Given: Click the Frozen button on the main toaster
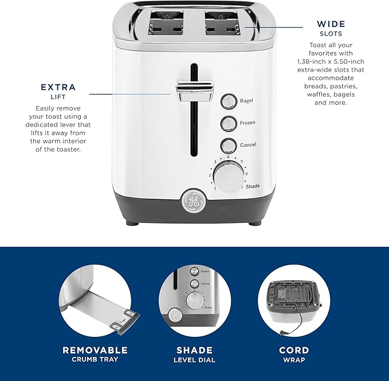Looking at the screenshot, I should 229,123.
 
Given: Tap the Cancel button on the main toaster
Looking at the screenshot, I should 229,145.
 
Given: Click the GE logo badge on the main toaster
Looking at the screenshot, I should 191,201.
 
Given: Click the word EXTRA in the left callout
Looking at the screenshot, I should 58,88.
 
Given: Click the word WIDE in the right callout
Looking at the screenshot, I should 331,24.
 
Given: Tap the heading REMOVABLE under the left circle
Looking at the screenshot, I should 95,350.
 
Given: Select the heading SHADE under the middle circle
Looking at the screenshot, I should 194,350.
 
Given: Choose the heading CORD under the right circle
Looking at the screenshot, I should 293,350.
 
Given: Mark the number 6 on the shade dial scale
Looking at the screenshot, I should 246,174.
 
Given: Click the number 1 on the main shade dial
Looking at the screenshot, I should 215,187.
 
